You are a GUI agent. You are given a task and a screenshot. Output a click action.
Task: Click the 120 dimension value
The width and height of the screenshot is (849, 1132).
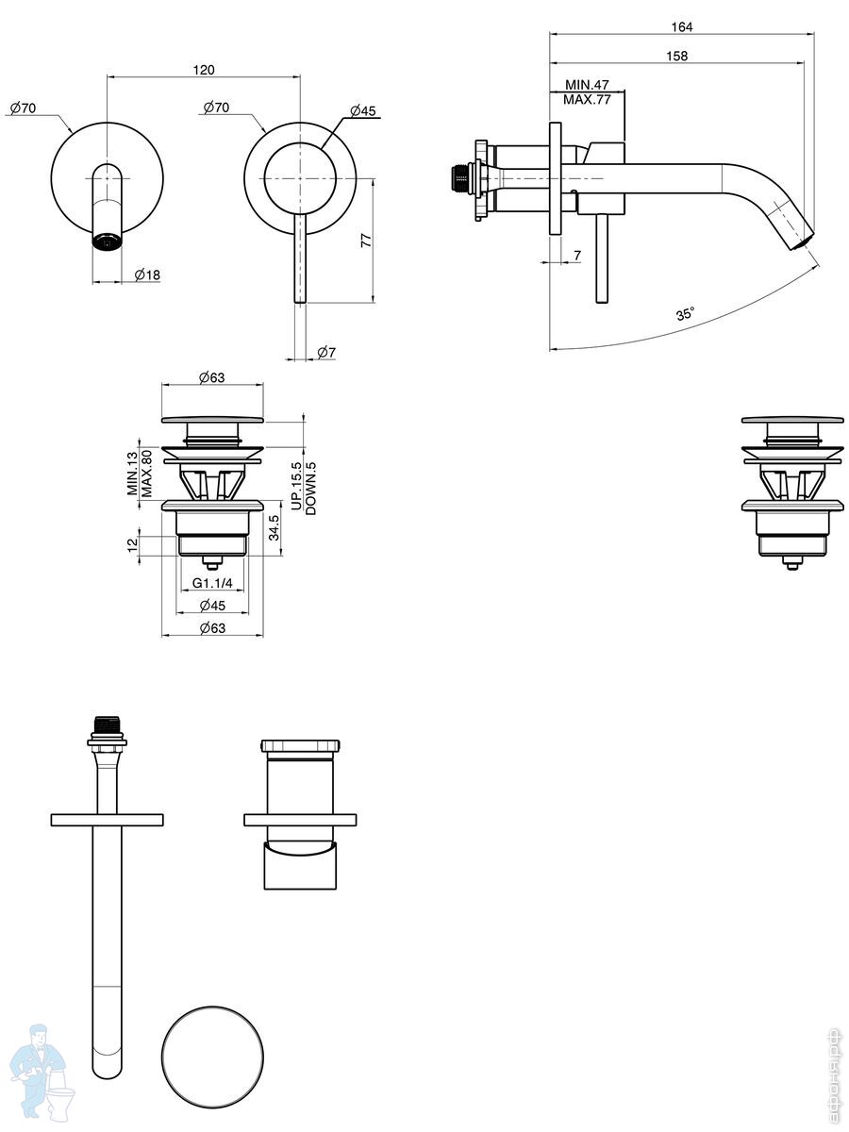tap(204, 70)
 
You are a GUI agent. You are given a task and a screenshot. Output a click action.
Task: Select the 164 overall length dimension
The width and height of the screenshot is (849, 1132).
tap(681, 26)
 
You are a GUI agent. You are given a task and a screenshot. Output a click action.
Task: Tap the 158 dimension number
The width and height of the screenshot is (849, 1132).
tap(676, 56)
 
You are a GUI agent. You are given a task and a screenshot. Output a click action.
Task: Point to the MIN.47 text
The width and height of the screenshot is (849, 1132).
tap(587, 84)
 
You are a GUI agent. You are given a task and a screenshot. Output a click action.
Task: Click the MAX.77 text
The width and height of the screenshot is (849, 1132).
tap(587, 100)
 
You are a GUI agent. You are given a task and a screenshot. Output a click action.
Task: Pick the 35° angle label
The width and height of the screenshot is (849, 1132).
tap(685, 313)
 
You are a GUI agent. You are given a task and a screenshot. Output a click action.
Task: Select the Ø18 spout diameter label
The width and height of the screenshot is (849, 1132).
tap(147, 275)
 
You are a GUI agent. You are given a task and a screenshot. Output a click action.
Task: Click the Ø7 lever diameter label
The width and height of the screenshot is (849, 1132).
tap(326, 352)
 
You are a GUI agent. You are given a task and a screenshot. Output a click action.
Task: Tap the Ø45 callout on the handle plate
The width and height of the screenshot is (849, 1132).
tap(363, 111)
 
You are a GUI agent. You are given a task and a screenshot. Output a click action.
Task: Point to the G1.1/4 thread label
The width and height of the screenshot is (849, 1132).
tap(212, 583)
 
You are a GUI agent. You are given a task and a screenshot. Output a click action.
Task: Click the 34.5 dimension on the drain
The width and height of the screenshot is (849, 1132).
tap(275, 527)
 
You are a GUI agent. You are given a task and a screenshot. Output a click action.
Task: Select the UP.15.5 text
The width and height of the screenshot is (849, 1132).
tap(296, 486)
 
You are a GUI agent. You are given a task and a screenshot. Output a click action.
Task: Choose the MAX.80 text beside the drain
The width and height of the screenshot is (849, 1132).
tap(147, 473)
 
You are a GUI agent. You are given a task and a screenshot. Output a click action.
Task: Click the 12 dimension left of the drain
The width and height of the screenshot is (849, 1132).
tap(132, 543)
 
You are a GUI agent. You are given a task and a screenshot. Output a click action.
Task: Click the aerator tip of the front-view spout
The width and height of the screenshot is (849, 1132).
tap(108, 241)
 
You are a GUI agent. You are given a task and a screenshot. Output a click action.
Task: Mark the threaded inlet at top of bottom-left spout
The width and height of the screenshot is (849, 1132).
tap(108, 724)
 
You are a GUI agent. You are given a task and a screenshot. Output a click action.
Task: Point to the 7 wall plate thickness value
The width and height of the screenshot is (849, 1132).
tap(577, 256)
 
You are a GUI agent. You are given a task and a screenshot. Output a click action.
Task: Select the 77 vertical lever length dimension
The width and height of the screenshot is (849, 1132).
tap(366, 241)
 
